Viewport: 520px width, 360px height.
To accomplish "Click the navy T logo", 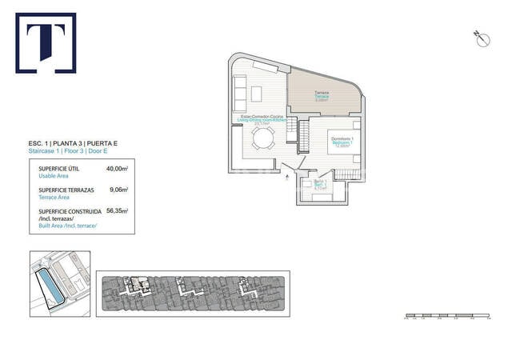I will point(46,42).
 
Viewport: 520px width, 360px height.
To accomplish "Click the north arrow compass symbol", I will point(481,37).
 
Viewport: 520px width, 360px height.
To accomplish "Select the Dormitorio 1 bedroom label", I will point(342,142).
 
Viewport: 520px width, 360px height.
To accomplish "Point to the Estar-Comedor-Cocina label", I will point(262,119).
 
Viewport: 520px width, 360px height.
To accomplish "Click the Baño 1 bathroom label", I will point(320,185).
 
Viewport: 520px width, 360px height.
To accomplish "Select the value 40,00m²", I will point(118,169).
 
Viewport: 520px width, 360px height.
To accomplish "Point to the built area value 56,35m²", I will point(118,211).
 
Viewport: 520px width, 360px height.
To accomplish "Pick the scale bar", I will point(447,318).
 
